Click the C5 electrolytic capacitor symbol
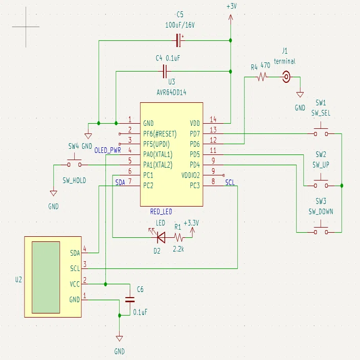179,40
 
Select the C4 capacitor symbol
165,72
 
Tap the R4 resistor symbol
262,77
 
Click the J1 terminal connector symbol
286,77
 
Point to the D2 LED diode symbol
161,237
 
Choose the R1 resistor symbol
178,237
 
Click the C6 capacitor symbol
130,300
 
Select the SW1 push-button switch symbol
321,131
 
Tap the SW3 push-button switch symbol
321,230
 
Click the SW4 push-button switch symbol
74,162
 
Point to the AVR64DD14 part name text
171,93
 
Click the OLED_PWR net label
107,150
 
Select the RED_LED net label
161,212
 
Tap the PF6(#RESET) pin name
160,134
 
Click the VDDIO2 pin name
191,175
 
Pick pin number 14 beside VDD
213,119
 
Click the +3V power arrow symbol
231,19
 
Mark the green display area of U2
46,277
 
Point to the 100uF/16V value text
180,25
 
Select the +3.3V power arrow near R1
192,232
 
